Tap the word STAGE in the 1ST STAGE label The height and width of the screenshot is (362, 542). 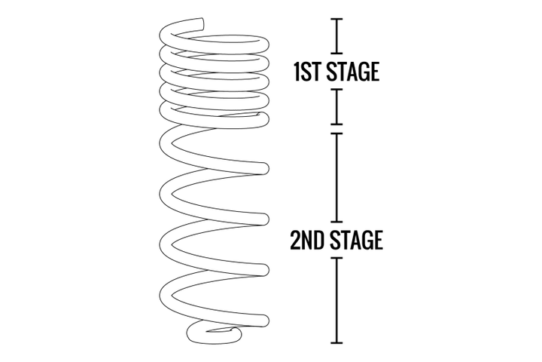[353, 72]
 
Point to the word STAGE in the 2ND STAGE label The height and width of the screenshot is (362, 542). [355, 240]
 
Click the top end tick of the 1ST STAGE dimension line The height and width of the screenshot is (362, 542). [336, 19]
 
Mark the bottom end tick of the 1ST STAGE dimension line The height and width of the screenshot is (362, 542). [336, 124]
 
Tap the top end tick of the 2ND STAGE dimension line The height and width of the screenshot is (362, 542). [336, 133]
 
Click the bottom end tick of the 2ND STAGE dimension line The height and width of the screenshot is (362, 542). [336, 343]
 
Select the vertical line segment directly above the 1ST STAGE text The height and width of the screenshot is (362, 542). [336, 36]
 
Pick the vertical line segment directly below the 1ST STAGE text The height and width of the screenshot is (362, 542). [336, 106]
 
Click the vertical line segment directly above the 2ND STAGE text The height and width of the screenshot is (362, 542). [336, 177]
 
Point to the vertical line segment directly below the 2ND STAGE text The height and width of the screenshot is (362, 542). [336, 300]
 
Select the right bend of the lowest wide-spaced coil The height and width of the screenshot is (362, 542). [264, 321]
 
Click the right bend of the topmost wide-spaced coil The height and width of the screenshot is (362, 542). [264, 169]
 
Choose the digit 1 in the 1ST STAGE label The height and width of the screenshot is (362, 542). [297, 72]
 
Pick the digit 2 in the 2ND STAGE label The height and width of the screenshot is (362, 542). [295, 240]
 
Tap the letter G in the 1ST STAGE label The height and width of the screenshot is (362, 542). [363, 72]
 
